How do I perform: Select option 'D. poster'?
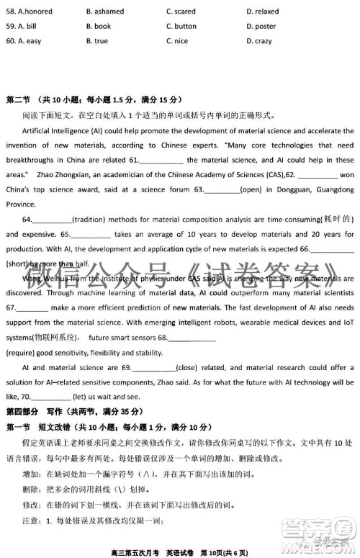[260, 27]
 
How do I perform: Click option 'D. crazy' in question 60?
[258, 41]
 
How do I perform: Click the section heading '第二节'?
[19, 99]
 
